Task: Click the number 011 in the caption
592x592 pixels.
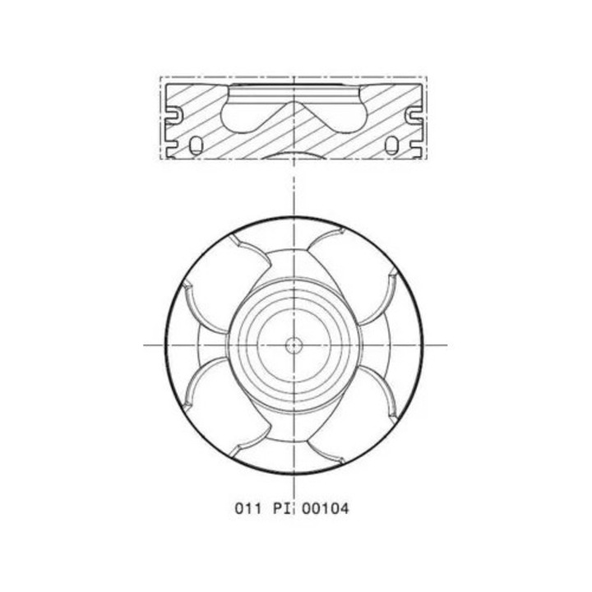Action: click(x=247, y=509)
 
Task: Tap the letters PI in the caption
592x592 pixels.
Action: click(x=283, y=509)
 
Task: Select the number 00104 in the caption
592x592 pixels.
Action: click(x=326, y=509)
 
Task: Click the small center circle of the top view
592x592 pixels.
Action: click(x=294, y=345)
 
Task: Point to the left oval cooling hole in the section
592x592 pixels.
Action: click(x=196, y=146)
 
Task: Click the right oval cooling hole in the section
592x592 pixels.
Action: click(x=391, y=146)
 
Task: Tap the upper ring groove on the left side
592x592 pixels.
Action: click(x=173, y=115)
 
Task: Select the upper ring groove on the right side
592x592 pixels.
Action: click(x=414, y=115)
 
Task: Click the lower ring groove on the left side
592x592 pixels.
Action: click(x=172, y=145)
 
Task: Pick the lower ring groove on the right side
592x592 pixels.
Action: click(x=416, y=145)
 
